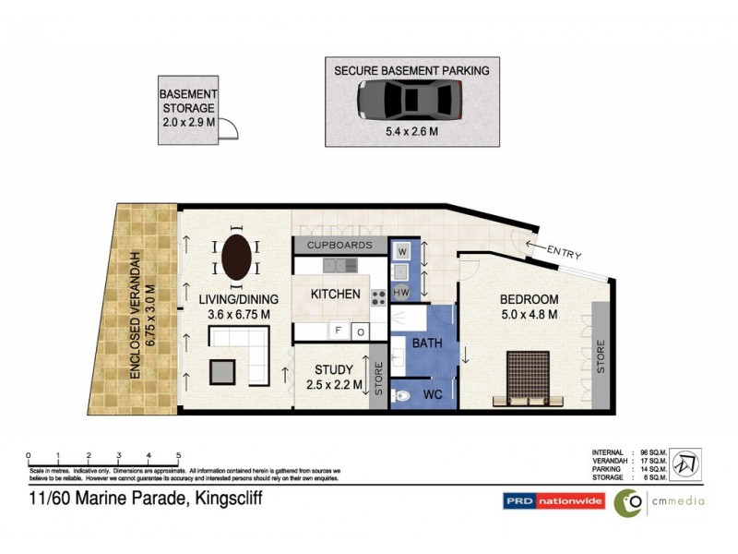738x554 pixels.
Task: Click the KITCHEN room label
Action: tap(335, 295)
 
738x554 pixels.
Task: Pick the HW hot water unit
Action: tap(402, 293)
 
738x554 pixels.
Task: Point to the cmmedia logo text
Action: tap(677, 501)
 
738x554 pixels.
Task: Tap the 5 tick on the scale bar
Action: tap(178, 455)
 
